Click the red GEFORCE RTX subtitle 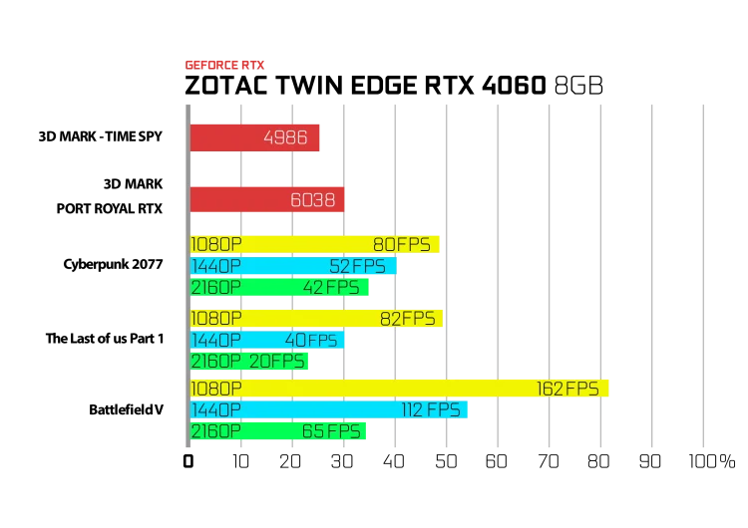pos(224,65)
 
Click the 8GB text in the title pos(578,86)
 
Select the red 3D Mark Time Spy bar pos(254,137)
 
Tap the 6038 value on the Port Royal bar pos(312,199)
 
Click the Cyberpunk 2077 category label pos(113,264)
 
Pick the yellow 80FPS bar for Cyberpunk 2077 pos(314,244)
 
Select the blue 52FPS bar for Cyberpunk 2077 pos(293,266)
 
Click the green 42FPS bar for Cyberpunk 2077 pos(279,287)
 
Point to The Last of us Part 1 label pos(105,339)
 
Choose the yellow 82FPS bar pos(316,319)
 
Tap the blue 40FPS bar pos(266,340)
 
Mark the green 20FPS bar pos(249,362)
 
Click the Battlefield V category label pos(126,409)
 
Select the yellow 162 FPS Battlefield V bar pos(399,389)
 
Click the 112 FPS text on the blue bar pos(431,409)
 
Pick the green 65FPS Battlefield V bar pos(277,431)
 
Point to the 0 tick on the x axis pos(188,461)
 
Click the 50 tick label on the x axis pos(446,461)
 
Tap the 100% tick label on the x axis pos(712,461)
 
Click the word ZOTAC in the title pos(225,86)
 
